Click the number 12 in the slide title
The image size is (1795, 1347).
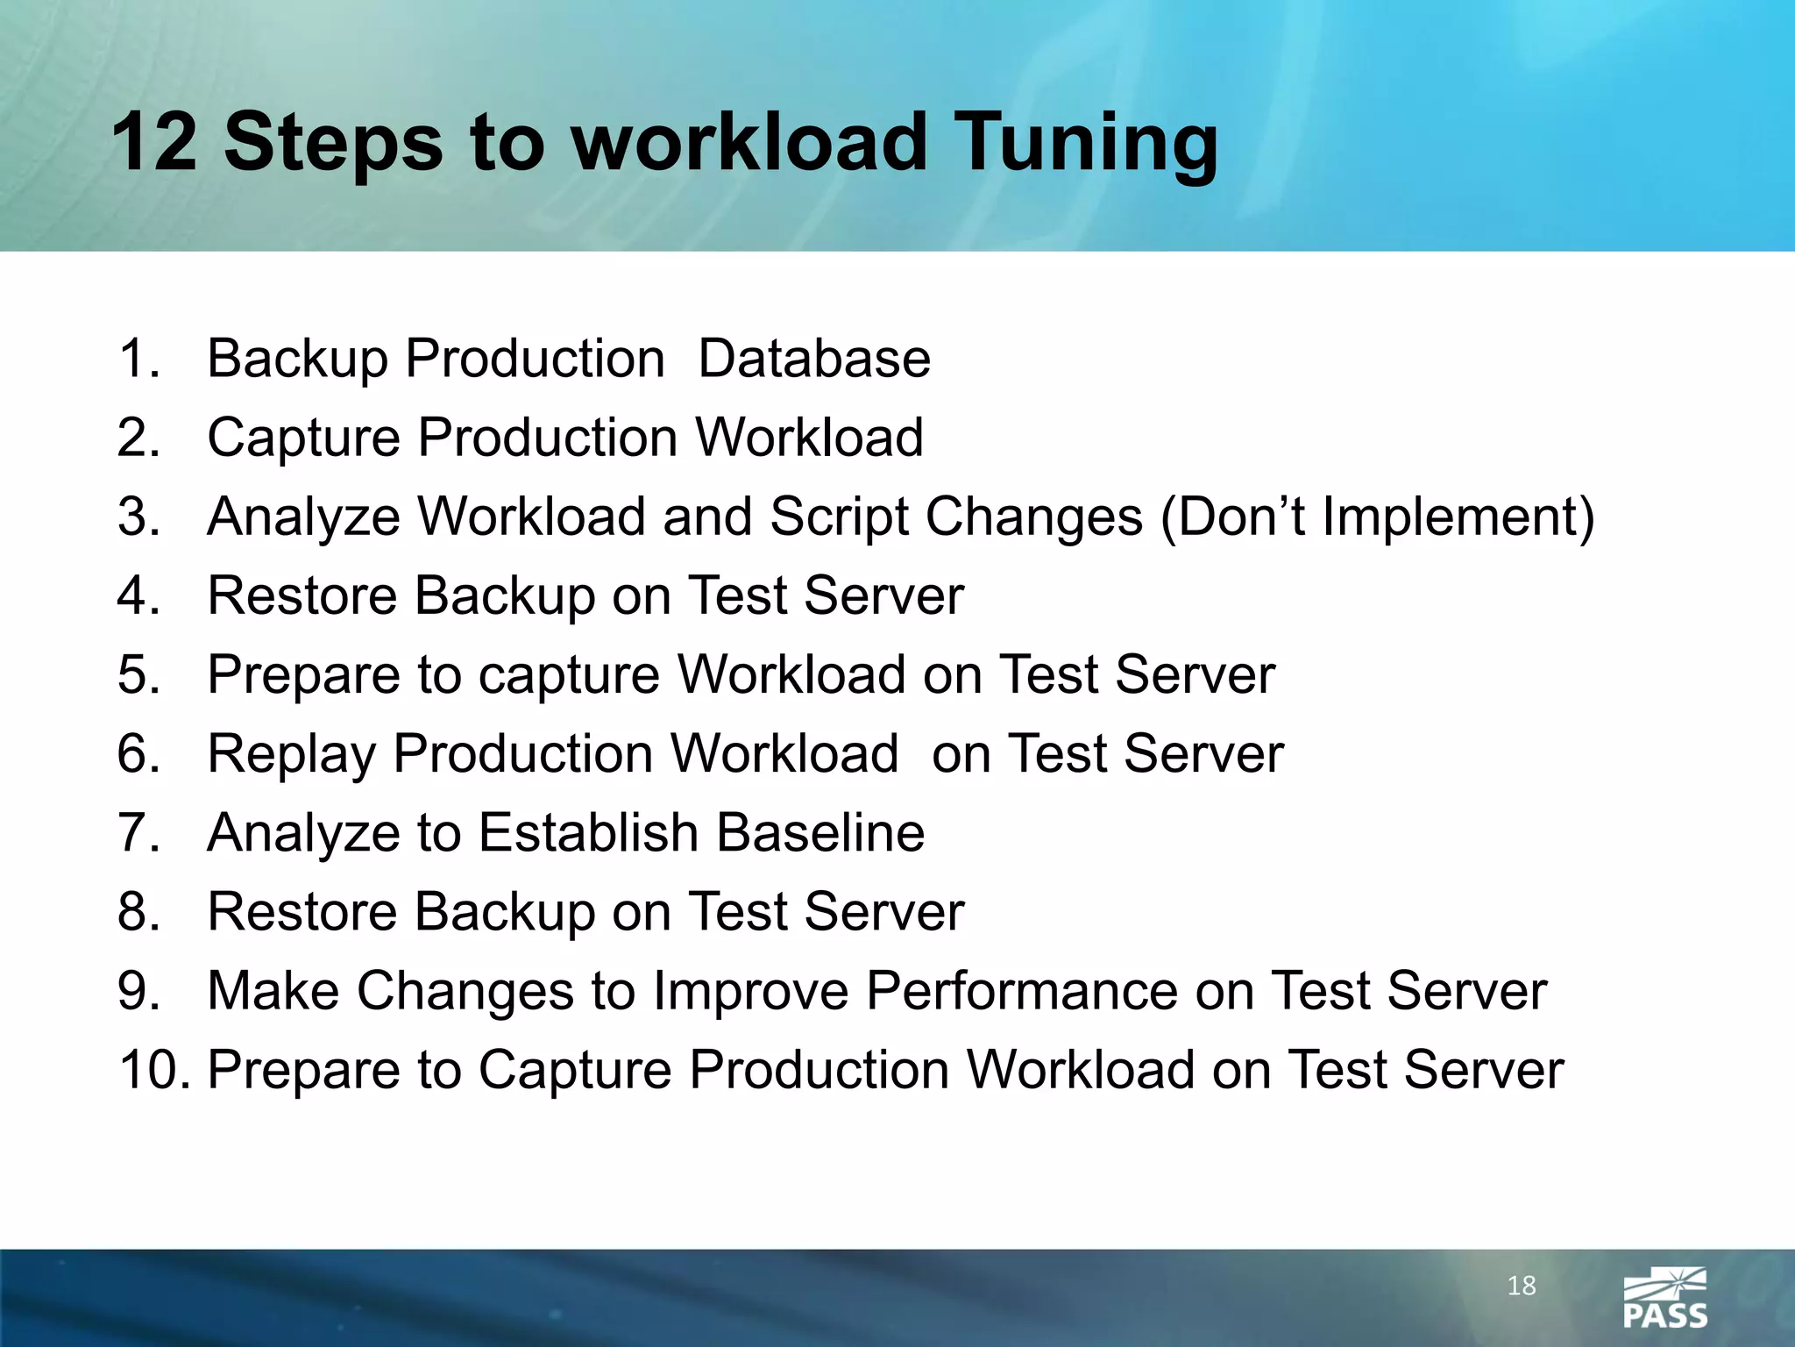(154, 142)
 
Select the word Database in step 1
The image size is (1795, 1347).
(814, 359)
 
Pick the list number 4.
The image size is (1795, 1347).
(138, 595)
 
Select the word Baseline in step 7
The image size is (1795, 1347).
(820, 832)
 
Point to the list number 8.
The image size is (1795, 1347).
(138, 911)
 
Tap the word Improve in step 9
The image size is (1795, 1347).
(751, 991)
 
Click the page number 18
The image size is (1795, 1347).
(1521, 1286)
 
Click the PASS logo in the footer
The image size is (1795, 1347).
(1664, 1297)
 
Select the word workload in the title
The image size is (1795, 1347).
(750, 142)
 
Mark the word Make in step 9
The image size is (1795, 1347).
(273, 991)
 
